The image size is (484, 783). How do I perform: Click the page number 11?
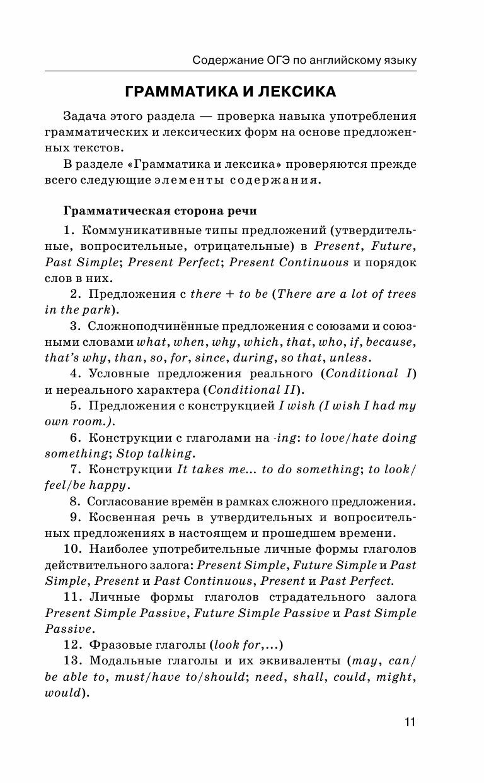pos(410,722)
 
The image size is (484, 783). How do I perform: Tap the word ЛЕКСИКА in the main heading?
pos(296,92)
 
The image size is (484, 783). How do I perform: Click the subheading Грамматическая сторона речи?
pos(159,210)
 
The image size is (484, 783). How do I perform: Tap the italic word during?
pos(256,358)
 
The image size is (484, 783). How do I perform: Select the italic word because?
pos(389,342)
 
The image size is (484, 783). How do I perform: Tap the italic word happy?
pos(111,486)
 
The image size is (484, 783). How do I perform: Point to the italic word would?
pos(63,693)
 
